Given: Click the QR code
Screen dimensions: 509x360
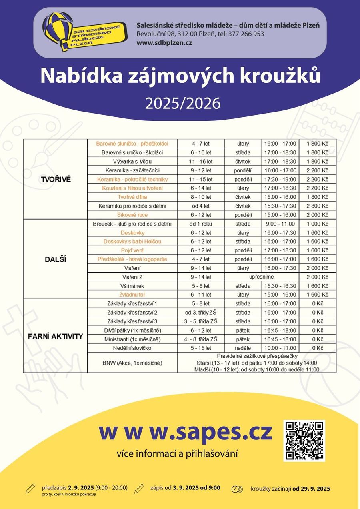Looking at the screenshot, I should tap(304, 441).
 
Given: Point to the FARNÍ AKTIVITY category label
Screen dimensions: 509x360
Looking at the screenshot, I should tap(55, 336).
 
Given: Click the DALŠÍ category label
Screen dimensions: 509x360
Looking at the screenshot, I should tap(55, 259).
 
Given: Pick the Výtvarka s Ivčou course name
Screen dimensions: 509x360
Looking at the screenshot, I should tap(132, 161).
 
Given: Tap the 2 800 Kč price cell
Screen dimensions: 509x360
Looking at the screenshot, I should tap(318, 206).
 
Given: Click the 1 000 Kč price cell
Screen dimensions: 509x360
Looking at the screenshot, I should tap(318, 224).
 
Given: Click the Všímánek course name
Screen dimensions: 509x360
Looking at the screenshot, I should tap(132, 286).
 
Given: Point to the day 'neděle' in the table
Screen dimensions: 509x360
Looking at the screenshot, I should tap(243, 348).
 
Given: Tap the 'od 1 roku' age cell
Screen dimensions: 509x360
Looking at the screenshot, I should tap(201, 224).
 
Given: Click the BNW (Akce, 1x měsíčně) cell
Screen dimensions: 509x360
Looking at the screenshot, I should tap(132, 363).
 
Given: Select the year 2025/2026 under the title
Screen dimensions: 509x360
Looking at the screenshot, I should tap(183, 103).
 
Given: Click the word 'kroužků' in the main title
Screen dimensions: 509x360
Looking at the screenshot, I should tap(276, 76).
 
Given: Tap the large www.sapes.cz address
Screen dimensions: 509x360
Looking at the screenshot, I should tap(186, 432).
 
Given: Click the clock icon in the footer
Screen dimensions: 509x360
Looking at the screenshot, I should tap(237, 489).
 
